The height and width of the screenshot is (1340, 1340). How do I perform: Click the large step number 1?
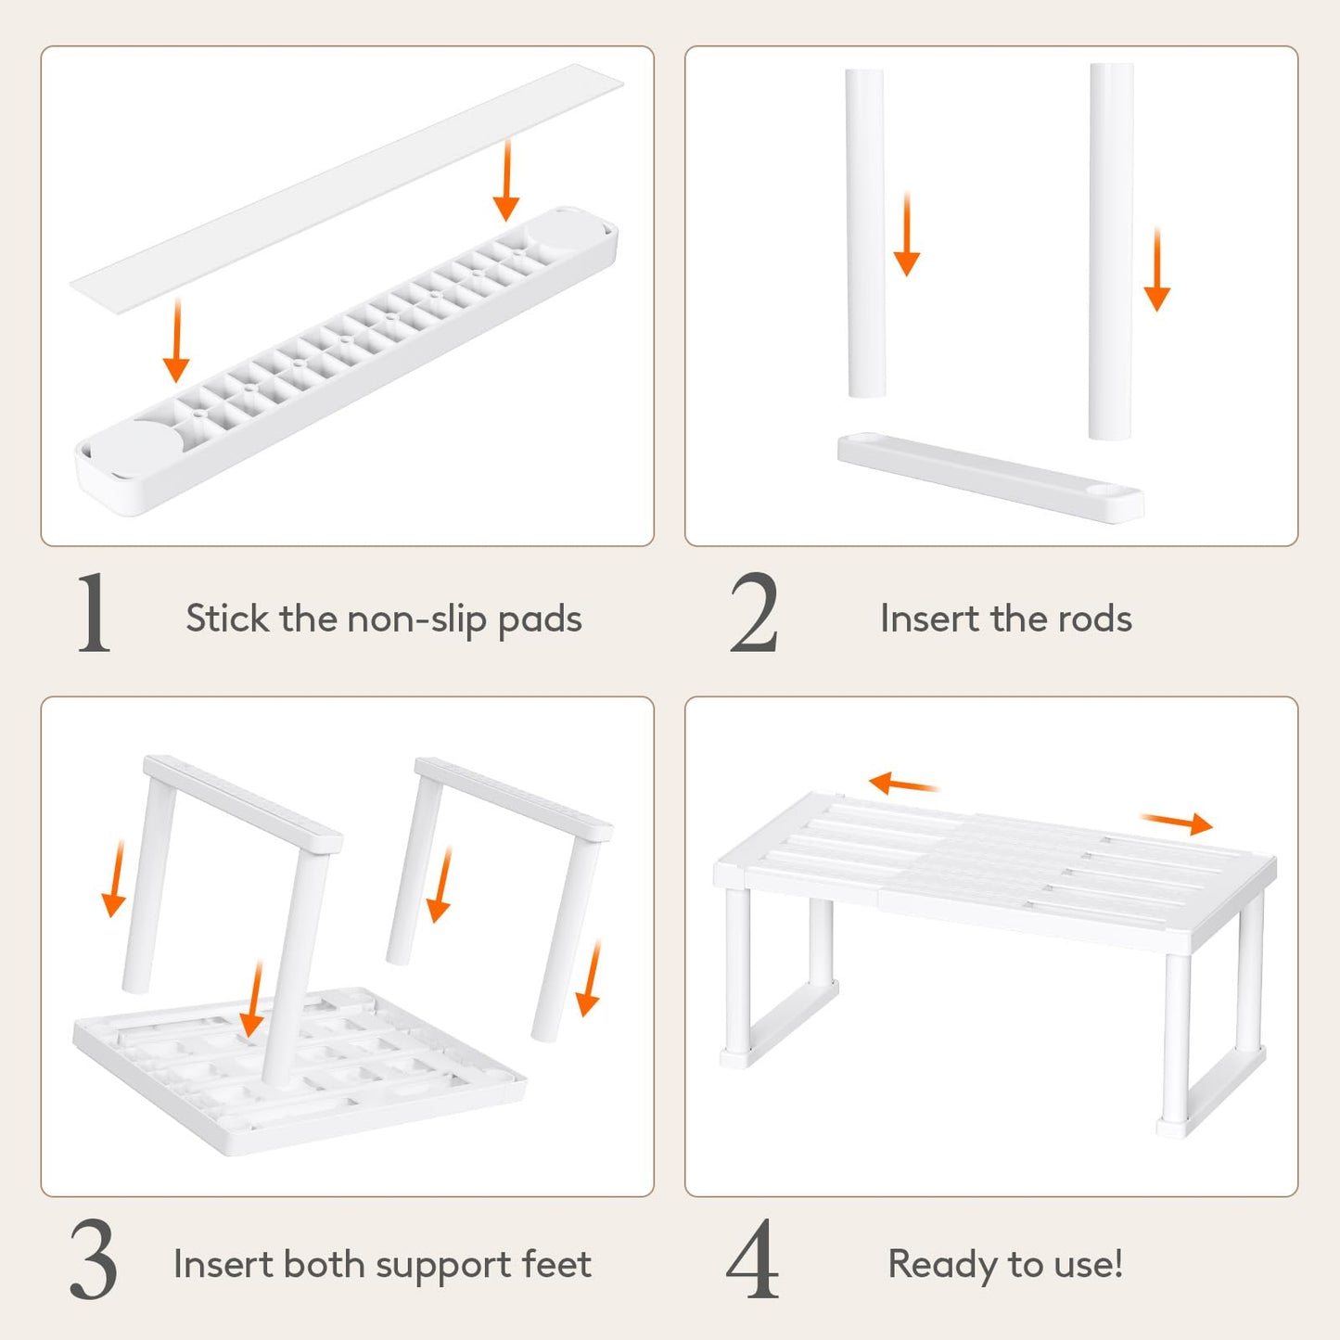[x=94, y=614]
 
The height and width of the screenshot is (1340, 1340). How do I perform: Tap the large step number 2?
[x=753, y=614]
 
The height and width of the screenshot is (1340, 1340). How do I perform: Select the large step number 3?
[x=94, y=1260]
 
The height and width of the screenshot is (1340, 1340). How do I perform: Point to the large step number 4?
[x=752, y=1260]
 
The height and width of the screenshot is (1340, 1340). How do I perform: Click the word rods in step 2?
[x=1096, y=619]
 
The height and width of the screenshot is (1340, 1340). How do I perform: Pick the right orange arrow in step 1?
[x=505, y=180]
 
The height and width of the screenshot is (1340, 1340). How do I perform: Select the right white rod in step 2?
[x=1111, y=250]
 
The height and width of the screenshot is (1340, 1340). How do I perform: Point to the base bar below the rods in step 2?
[x=990, y=477]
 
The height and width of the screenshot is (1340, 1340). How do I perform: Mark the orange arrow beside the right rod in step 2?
[x=1157, y=270]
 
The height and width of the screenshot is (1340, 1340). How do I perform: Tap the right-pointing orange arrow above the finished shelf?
[x=1177, y=823]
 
